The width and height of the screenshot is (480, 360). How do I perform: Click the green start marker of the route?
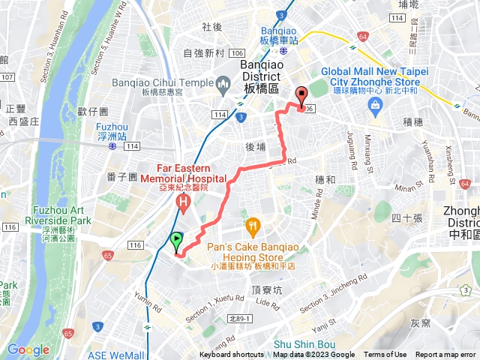coord(175,242)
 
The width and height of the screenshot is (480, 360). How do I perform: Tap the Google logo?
coord(28,349)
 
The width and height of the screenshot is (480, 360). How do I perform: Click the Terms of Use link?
coord(385,355)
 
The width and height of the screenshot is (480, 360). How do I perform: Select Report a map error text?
coord(446,355)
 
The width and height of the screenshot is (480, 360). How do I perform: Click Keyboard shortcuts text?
coord(231,355)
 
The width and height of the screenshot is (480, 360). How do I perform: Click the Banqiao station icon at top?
coord(282,52)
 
